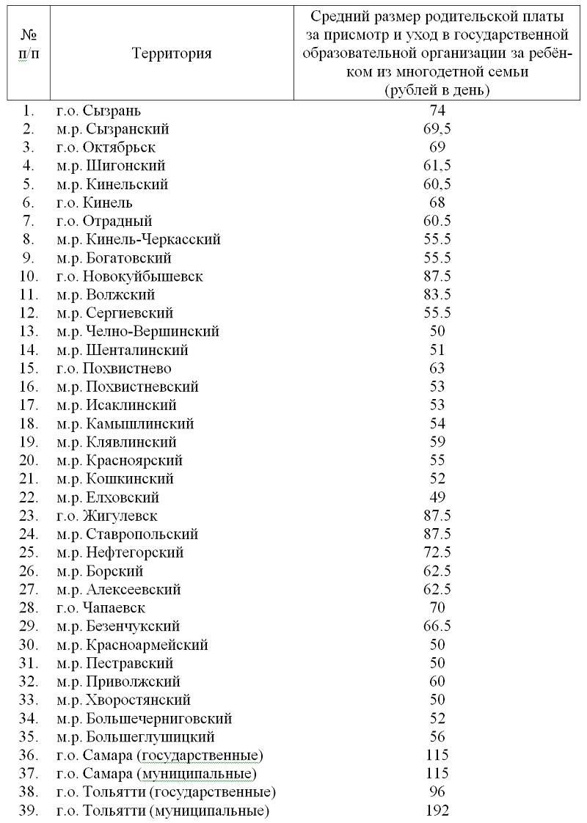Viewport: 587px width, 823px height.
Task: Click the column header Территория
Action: click(172, 54)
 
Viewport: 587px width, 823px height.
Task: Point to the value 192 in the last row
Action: click(437, 811)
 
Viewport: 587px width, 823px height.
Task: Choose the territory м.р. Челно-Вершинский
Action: click(137, 332)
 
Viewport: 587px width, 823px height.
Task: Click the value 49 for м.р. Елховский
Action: click(437, 497)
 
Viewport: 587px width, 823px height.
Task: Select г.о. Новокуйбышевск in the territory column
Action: click(130, 277)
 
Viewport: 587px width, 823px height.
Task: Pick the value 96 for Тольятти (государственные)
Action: click(437, 792)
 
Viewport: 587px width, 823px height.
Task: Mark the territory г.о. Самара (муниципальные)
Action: click(157, 774)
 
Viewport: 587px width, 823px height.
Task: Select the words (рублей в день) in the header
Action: click(437, 90)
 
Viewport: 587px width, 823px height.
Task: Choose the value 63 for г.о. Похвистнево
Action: click(437, 368)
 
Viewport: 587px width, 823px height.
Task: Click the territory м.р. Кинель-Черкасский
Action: click(138, 240)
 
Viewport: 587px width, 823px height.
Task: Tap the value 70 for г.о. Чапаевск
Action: click(437, 608)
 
